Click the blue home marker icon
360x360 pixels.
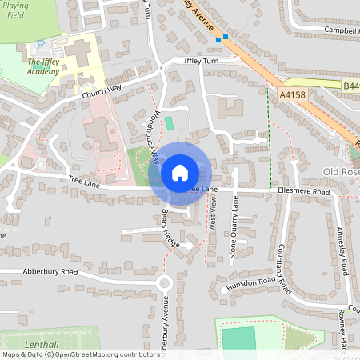click(180, 172)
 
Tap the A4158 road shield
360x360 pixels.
click(294, 95)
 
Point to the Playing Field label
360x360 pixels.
click(15, 10)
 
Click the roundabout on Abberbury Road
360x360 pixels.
click(165, 282)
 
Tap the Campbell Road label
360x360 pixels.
click(341, 30)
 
